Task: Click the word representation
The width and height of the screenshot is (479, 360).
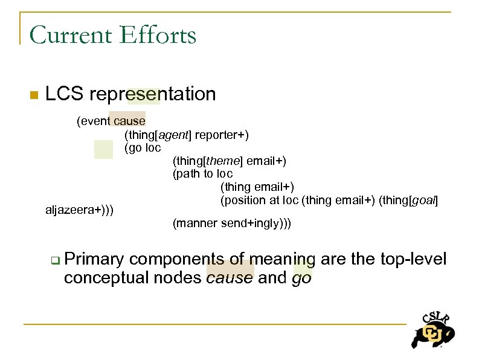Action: (x=152, y=94)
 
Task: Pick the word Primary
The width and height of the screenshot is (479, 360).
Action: (x=94, y=260)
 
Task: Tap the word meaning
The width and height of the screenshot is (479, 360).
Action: (x=282, y=260)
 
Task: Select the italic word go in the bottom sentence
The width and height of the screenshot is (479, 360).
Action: (x=301, y=278)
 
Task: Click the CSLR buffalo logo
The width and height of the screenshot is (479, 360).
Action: (x=432, y=330)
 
